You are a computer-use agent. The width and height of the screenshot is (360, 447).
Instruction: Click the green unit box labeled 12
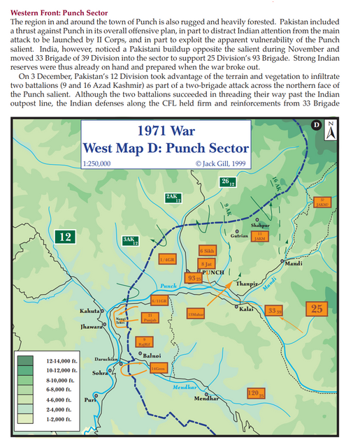click(x=65, y=237)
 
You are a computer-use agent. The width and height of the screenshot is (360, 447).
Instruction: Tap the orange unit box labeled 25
click(x=317, y=308)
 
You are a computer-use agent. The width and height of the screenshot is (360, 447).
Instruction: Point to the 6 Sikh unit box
click(x=206, y=250)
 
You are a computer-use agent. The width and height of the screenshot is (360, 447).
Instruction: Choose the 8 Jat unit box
click(x=206, y=264)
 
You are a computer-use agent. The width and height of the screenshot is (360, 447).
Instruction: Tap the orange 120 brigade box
click(x=256, y=394)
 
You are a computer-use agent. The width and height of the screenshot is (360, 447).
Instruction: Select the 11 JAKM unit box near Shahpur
click(x=260, y=237)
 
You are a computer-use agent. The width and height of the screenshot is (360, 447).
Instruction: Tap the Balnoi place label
click(x=152, y=356)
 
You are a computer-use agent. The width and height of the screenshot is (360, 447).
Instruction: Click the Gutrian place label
click(x=239, y=236)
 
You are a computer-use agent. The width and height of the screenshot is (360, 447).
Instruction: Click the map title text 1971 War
click(x=166, y=132)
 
